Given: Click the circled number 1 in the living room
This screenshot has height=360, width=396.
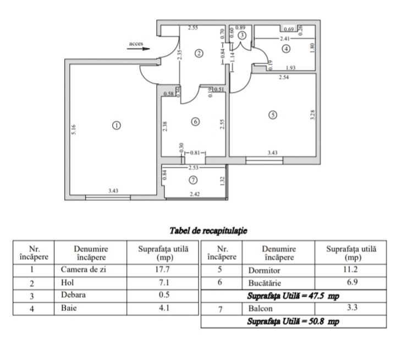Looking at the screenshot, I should (x=116, y=126).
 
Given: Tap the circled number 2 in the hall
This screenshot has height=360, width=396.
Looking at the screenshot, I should (x=199, y=53).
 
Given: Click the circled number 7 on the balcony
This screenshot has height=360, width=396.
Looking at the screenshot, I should (x=193, y=180).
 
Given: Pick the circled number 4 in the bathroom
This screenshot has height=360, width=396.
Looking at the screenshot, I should (x=285, y=49).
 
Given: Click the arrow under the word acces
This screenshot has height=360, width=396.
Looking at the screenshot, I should (x=138, y=48).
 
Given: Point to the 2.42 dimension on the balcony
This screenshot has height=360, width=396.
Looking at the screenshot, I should (x=195, y=194).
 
